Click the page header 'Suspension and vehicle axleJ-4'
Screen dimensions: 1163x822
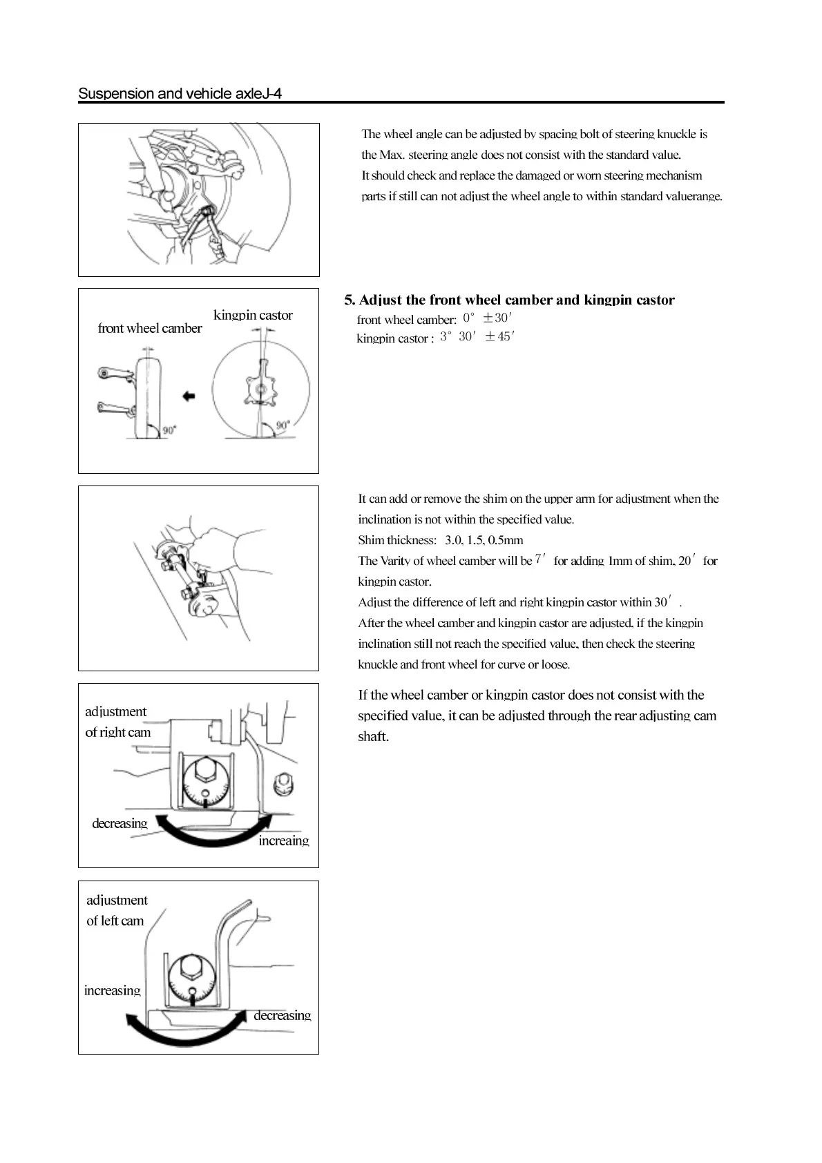pyautogui.click(x=180, y=93)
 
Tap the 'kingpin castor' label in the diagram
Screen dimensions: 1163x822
pyautogui.click(x=253, y=315)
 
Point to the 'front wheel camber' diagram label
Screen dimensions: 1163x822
pyautogui.click(x=150, y=328)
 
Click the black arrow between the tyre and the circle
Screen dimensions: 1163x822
pyautogui.click(x=188, y=396)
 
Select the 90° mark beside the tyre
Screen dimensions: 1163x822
pyautogui.click(x=169, y=430)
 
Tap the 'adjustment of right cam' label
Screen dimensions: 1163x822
pyautogui.click(x=117, y=722)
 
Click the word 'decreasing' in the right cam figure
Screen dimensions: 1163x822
pyautogui.click(x=120, y=823)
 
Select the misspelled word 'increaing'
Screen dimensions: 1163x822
pyautogui.click(x=283, y=840)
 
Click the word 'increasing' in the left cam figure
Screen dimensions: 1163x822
pyautogui.click(x=112, y=990)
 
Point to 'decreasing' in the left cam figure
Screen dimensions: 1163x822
pyautogui.click(x=282, y=1015)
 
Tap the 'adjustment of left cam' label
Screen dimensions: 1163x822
pyautogui.click(x=116, y=910)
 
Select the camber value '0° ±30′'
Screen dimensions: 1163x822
pyautogui.click(x=487, y=318)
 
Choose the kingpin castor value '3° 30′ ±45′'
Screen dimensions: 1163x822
pyautogui.click(x=477, y=336)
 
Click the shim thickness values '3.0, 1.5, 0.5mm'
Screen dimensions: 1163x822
pyautogui.click(x=484, y=540)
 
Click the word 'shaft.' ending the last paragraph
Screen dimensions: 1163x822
pyautogui.click(x=373, y=736)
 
